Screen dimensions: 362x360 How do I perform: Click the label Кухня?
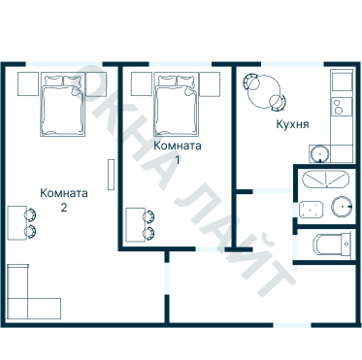[x=292, y=124]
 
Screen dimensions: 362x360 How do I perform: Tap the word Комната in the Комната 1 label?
[x=178, y=146]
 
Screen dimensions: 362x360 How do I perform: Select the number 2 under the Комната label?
[x=64, y=208]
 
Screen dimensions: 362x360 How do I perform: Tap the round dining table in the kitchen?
[x=264, y=92]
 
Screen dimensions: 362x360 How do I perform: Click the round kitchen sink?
[x=319, y=153]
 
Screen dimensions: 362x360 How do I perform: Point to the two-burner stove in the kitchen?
[x=341, y=107]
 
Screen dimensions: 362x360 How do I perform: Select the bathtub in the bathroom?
[x=325, y=180]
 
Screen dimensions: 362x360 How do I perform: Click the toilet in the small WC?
[x=331, y=245]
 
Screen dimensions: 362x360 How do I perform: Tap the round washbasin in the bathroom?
[x=342, y=207]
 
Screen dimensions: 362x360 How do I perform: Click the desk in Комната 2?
[x=16, y=223]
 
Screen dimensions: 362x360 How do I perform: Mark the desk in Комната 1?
[x=135, y=225]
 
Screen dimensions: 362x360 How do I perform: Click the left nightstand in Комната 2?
[x=28, y=84]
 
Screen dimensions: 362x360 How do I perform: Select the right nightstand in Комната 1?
[x=210, y=84]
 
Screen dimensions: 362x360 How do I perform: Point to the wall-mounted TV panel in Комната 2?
[x=111, y=175]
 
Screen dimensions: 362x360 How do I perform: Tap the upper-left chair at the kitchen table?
[x=251, y=82]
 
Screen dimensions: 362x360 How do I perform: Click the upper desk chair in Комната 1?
[x=148, y=216]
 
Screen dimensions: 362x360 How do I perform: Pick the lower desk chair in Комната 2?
[x=30, y=232]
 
